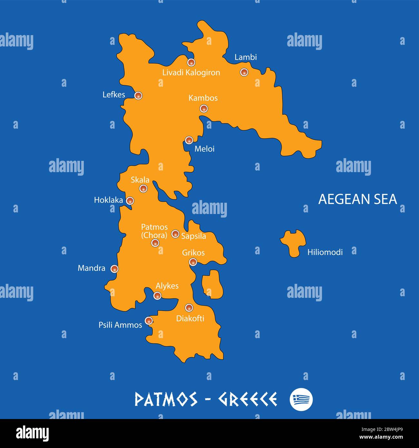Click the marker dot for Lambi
(x=244, y=72)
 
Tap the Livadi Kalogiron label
(x=191, y=73)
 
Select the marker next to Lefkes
(x=138, y=95)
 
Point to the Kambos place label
(x=203, y=98)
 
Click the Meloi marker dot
(x=189, y=140)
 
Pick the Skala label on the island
(x=140, y=180)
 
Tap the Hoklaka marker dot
(x=130, y=200)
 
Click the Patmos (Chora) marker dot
(x=155, y=243)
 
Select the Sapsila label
(x=193, y=236)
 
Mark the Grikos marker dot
(x=193, y=262)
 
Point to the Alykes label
(x=167, y=286)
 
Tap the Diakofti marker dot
(x=189, y=307)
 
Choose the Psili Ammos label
(x=120, y=325)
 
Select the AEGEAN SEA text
(x=357, y=199)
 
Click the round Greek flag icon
(x=301, y=399)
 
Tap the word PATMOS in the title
(x=166, y=399)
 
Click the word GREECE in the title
(x=247, y=399)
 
